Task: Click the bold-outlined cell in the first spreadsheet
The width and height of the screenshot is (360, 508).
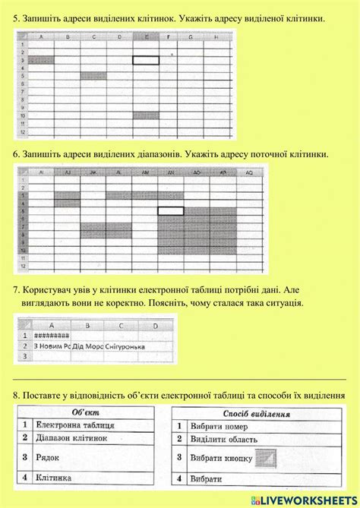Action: tap(147, 59)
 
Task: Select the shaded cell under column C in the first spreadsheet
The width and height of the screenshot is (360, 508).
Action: tap(93, 74)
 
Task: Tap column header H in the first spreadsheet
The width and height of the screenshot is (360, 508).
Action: tap(216, 36)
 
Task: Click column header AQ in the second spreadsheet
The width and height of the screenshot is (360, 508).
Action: tap(249, 173)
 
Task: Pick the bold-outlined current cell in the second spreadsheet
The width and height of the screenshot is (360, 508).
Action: tap(171, 210)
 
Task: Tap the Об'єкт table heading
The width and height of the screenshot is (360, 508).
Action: tap(87, 412)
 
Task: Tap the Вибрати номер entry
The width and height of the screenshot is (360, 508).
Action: tap(216, 426)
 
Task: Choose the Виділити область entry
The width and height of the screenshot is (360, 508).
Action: tap(221, 440)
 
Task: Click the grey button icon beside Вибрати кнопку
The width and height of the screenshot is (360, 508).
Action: tap(266, 458)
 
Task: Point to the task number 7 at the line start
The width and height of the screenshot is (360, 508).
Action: tap(17, 290)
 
